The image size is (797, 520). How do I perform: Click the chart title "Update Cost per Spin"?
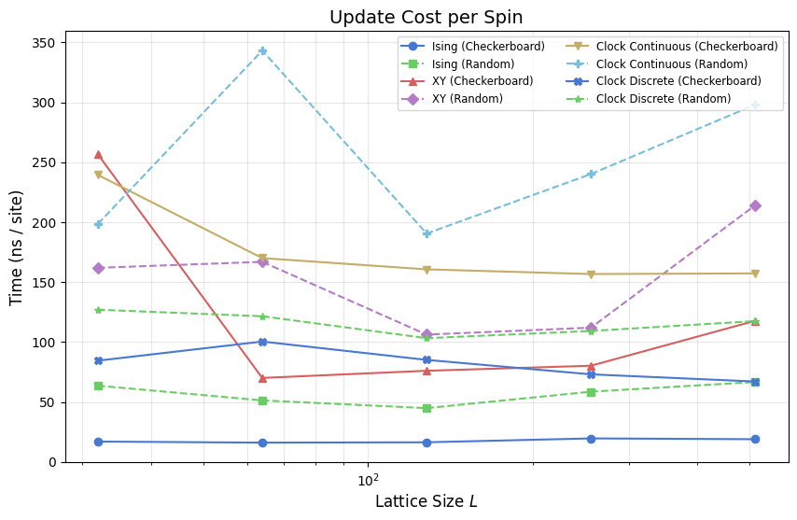point(426,17)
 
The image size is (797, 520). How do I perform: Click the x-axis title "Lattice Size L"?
point(426,501)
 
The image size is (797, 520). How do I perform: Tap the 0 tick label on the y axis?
point(53,462)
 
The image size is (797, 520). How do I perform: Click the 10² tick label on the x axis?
point(368,480)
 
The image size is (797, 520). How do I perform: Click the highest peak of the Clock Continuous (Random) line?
point(262,50)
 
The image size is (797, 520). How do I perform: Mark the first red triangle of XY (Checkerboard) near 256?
point(98,155)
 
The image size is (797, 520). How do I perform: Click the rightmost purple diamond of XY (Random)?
point(755,205)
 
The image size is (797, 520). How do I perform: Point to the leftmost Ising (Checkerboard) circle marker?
point(98,442)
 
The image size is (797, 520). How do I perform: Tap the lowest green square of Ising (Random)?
point(426,408)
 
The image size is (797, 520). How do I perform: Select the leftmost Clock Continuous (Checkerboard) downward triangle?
point(98,175)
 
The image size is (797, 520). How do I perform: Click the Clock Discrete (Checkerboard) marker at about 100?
point(262,342)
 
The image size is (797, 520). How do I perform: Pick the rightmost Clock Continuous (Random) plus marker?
point(755,105)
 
